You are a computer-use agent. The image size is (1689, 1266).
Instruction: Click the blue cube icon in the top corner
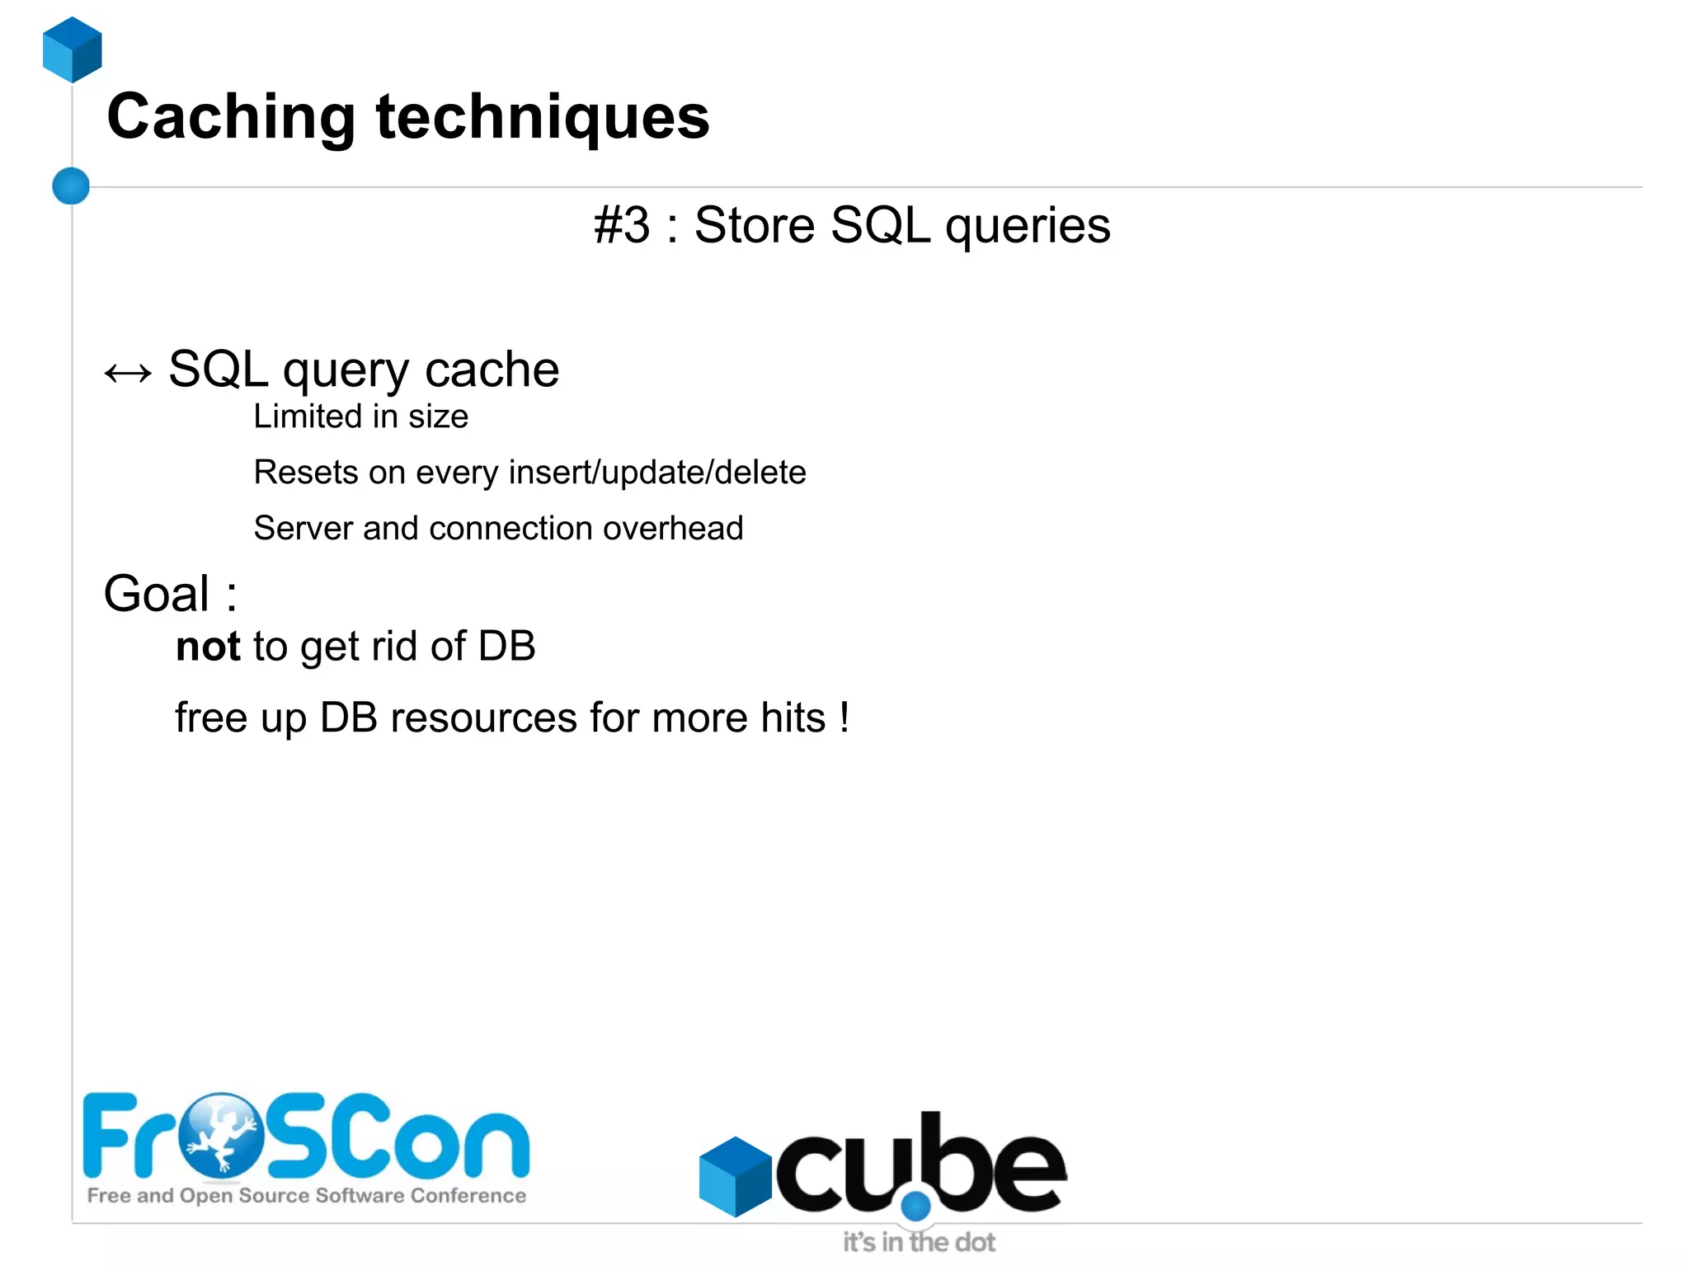click(x=73, y=50)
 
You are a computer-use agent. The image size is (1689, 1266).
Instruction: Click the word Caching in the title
click(x=231, y=118)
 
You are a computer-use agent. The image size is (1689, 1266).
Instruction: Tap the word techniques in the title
click(x=543, y=118)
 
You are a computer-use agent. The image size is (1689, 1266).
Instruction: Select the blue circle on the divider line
click(x=71, y=186)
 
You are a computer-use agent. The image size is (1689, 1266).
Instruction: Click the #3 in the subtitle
click(x=622, y=225)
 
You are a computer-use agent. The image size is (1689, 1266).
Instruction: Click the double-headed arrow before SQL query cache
click(x=128, y=374)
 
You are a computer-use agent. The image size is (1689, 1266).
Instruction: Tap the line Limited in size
click(x=360, y=417)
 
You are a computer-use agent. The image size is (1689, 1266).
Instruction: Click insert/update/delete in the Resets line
click(x=657, y=473)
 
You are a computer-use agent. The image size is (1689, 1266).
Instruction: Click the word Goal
click(x=157, y=594)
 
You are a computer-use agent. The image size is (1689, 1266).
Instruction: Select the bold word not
click(x=208, y=647)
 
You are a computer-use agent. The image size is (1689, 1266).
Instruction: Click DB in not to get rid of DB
click(x=507, y=647)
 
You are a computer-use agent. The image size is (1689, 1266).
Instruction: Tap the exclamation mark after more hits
click(x=844, y=717)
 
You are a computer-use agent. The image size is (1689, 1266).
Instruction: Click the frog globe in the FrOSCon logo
click(x=220, y=1135)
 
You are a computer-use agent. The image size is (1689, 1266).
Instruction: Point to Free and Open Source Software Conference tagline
click(x=306, y=1195)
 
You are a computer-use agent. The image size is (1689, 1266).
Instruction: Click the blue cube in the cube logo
click(x=734, y=1176)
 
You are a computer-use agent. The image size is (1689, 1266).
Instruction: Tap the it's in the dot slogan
click(x=918, y=1241)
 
